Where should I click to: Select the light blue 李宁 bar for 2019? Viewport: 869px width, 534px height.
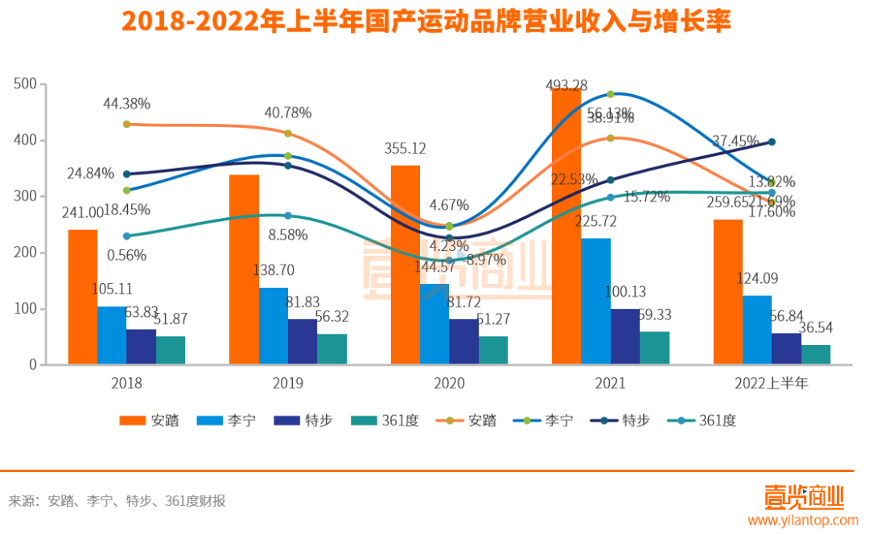(273, 326)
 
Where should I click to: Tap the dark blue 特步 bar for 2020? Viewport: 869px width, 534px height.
(463, 342)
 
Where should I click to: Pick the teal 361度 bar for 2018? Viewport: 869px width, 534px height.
(171, 350)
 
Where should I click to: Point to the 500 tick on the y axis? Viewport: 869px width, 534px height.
(27, 84)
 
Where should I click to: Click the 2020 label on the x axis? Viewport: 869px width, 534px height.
(449, 384)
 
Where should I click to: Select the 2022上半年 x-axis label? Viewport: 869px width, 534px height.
(771, 384)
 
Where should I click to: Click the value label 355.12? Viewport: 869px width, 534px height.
(406, 148)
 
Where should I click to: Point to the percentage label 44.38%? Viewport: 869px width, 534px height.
(126, 104)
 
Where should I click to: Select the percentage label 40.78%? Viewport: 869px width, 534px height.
(287, 113)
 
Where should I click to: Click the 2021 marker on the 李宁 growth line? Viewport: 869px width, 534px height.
(610, 94)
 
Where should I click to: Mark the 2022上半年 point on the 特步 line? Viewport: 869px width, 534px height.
(771, 142)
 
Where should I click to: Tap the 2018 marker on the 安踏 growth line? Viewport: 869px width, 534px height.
(126, 124)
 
